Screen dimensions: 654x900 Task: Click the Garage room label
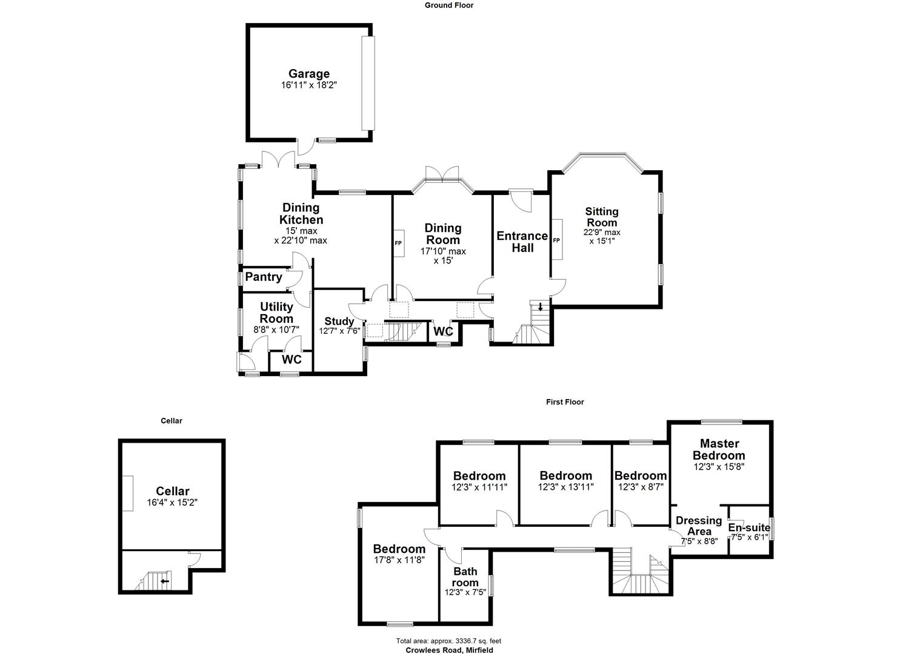(308, 74)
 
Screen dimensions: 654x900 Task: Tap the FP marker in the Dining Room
(398, 243)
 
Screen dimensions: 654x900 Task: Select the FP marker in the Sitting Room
(556, 240)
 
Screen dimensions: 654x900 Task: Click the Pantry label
(264, 277)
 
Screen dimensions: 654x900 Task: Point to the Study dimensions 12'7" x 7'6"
(339, 331)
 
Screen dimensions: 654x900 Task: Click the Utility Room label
(276, 312)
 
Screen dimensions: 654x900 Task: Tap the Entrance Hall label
(522, 242)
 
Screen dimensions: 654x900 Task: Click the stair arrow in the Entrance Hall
(540, 306)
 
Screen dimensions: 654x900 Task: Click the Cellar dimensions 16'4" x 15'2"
(173, 503)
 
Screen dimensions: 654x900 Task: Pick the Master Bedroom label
(719, 449)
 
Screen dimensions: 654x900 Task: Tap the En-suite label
(749, 527)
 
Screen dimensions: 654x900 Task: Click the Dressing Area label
(699, 526)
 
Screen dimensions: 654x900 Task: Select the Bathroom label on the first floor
(465, 576)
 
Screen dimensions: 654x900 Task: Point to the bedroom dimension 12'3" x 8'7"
(640, 486)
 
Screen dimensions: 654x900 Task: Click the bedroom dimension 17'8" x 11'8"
(399, 560)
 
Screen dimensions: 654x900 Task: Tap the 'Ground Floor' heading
(448, 5)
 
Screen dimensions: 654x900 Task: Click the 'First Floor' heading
(564, 401)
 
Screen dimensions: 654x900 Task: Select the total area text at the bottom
(448, 641)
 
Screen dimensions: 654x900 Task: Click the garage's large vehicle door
(368, 83)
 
